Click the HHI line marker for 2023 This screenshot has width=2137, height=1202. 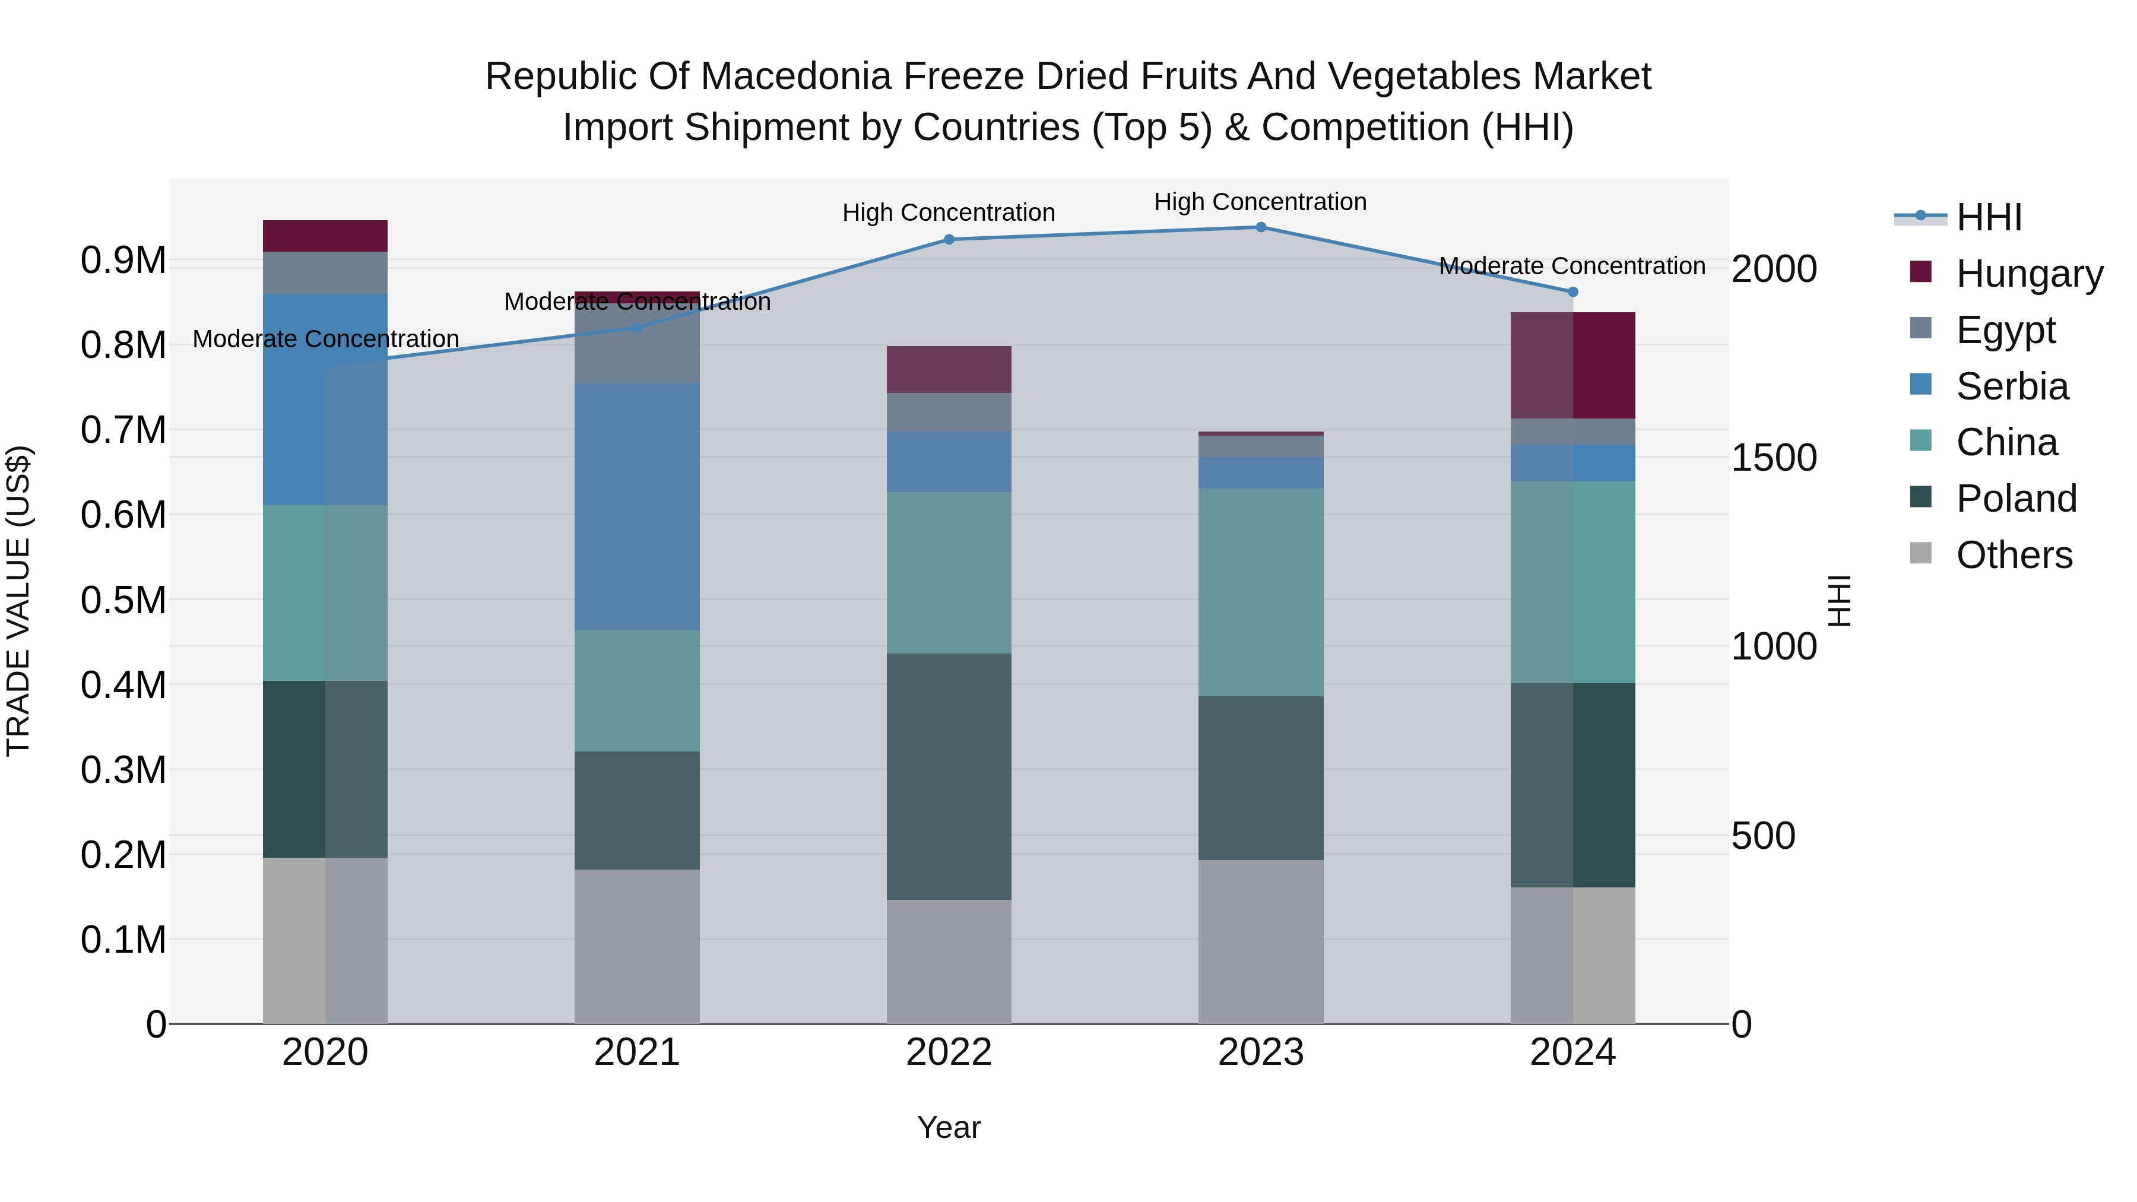coord(1260,227)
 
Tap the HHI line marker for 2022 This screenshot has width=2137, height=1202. coord(949,240)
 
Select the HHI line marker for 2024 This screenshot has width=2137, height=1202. coord(1572,292)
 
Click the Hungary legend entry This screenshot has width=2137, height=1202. coord(2028,274)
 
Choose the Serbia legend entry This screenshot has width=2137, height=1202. coord(2012,386)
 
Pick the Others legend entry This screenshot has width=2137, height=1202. coord(2014,555)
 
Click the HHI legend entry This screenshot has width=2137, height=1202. coord(1989,217)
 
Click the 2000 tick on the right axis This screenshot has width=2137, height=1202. coord(1774,269)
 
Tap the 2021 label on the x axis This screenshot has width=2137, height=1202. coord(637,1052)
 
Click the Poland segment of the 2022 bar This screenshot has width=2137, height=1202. coord(949,776)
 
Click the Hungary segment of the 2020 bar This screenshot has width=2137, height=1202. coord(325,236)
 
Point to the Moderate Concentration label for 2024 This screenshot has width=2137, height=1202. coord(1571,267)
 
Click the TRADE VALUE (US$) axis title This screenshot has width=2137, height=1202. coord(18,601)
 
